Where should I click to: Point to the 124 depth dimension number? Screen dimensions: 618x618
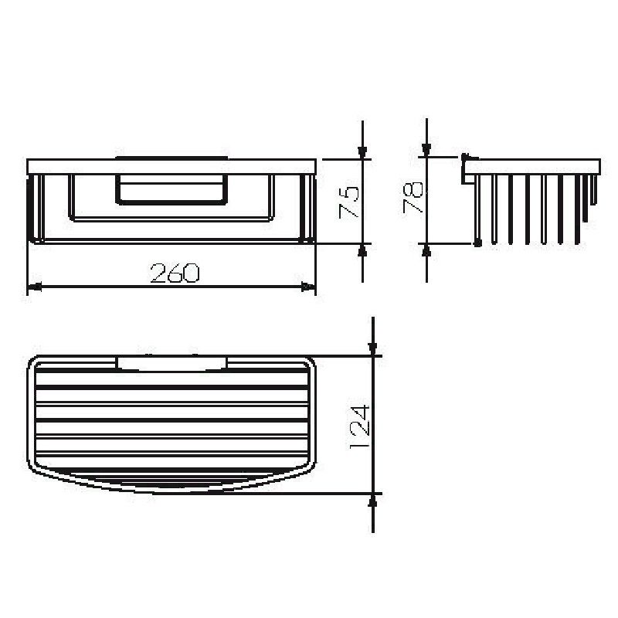tap(360, 426)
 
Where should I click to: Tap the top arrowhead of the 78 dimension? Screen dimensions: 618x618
tap(426, 149)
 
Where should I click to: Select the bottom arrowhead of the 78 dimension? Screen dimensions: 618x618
tap(426, 250)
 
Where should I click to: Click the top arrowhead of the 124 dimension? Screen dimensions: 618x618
tap(373, 350)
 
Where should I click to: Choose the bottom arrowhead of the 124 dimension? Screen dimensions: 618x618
tap(373, 499)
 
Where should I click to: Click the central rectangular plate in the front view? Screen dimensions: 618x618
tap(171, 191)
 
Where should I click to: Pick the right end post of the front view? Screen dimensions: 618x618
tap(311, 209)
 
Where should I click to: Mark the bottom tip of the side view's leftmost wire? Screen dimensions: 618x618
tap(478, 243)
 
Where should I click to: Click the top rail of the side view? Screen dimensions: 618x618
tap(533, 165)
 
